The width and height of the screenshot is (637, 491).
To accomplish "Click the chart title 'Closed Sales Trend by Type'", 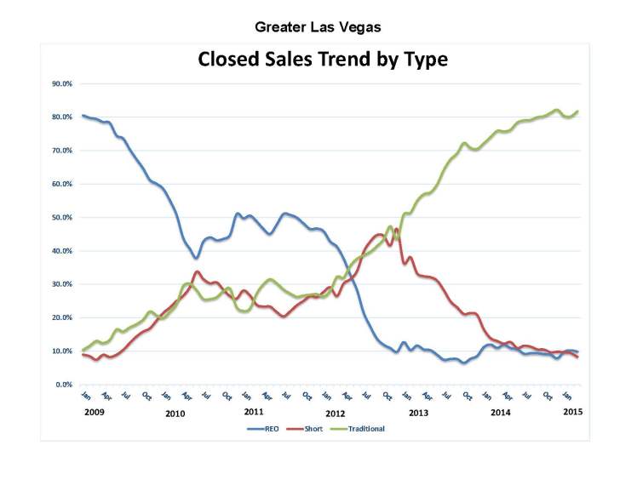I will pyautogui.click(x=323, y=60).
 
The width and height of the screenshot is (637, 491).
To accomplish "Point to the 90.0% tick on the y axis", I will pyautogui.click(x=62, y=83).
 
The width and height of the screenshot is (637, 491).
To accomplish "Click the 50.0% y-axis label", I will pyautogui.click(x=62, y=217).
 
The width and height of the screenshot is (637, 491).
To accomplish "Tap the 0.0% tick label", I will pyautogui.click(x=64, y=384).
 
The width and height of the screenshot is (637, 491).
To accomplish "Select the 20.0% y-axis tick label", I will pyautogui.click(x=62, y=317).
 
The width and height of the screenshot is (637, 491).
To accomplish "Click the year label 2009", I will pyautogui.click(x=95, y=412).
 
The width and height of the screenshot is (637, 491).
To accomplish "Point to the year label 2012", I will pyautogui.click(x=336, y=412).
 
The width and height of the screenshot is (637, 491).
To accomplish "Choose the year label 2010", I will pyautogui.click(x=175, y=412).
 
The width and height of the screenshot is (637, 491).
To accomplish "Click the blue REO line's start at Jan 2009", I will pyautogui.click(x=83, y=116).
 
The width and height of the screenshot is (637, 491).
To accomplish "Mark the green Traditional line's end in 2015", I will pyautogui.click(x=578, y=111).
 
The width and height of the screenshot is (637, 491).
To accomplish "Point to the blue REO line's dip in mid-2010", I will pyautogui.click(x=196, y=258).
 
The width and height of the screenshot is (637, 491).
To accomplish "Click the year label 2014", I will pyautogui.click(x=501, y=412).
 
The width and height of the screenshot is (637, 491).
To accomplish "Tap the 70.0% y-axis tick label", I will pyautogui.click(x=62, y=150).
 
